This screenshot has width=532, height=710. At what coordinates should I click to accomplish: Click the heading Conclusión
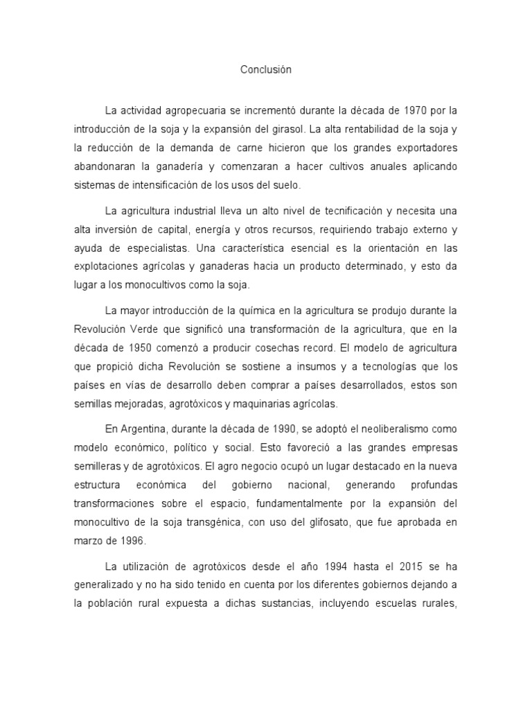266,70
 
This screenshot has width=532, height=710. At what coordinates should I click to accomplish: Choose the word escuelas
387,603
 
